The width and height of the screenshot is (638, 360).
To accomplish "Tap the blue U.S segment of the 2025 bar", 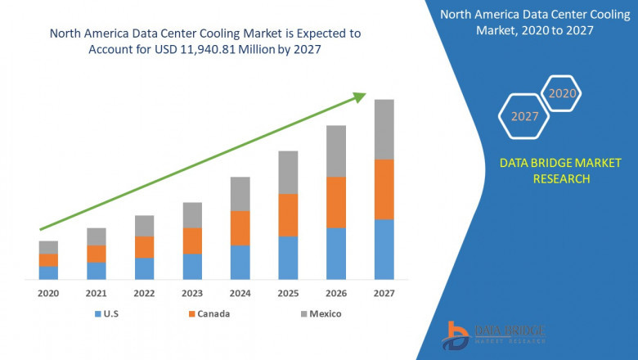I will (288, 258).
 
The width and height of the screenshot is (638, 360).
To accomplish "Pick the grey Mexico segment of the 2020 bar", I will (48, 247).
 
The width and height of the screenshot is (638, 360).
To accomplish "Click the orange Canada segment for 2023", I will (192, 241).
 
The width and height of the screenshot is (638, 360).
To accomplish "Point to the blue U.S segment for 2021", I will (97, 271).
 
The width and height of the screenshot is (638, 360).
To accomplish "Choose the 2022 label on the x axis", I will (144, 293).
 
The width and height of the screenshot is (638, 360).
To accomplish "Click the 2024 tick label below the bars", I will (240, 293).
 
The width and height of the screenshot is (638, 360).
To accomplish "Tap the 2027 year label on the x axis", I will (384, 293).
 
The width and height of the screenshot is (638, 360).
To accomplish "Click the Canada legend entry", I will (209, 313).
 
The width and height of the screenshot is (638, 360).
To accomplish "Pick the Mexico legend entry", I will (320, 313).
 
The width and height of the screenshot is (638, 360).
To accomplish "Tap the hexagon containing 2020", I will (562, 93).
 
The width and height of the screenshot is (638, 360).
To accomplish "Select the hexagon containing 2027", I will (524, 116).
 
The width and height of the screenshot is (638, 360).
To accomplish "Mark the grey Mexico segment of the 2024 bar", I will (240, 194).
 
